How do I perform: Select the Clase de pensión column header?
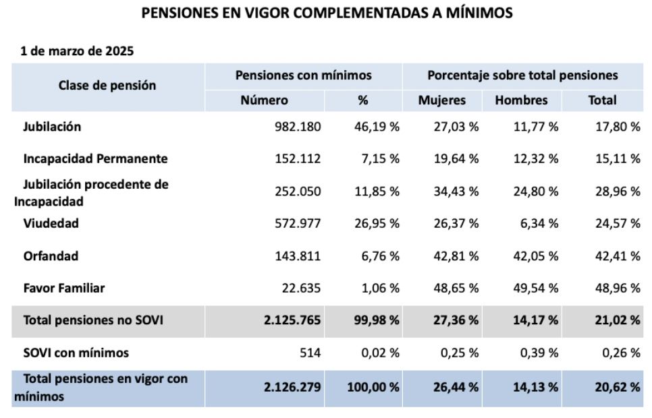click(x=107, y=86)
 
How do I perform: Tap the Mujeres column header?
click(x=442, y=100)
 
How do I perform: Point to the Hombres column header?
click(x=521, y=100)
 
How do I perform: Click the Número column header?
click(x=264, y=100)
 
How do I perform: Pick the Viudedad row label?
click(x=51, y=223)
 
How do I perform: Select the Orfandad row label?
click(x=51, y=256)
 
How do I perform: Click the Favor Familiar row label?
click(x=63, y=289)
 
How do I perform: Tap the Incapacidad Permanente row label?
click(x=95, y=159)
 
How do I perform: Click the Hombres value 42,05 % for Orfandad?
click(x=535, y=256)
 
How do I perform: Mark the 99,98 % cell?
click(x=375, y=321)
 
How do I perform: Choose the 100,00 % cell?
click(x=373, y=388)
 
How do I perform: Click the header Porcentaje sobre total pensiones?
click(x=522, y=76)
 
